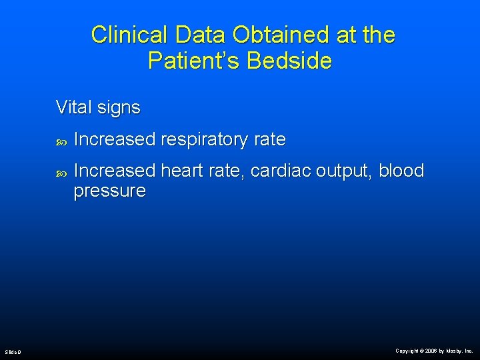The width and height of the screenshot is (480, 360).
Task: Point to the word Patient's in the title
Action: (x=194, y=61)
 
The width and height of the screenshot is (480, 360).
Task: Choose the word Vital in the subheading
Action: (x=73, y=107)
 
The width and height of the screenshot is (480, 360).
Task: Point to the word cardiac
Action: (x=283, y=171)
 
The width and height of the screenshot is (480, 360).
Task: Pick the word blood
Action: (x=401, y=171)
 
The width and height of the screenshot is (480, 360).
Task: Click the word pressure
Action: (x=109, y=192)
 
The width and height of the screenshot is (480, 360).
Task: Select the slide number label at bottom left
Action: (x=13, y=351)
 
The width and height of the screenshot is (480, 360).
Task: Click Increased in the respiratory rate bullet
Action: (x=115, y=139)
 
